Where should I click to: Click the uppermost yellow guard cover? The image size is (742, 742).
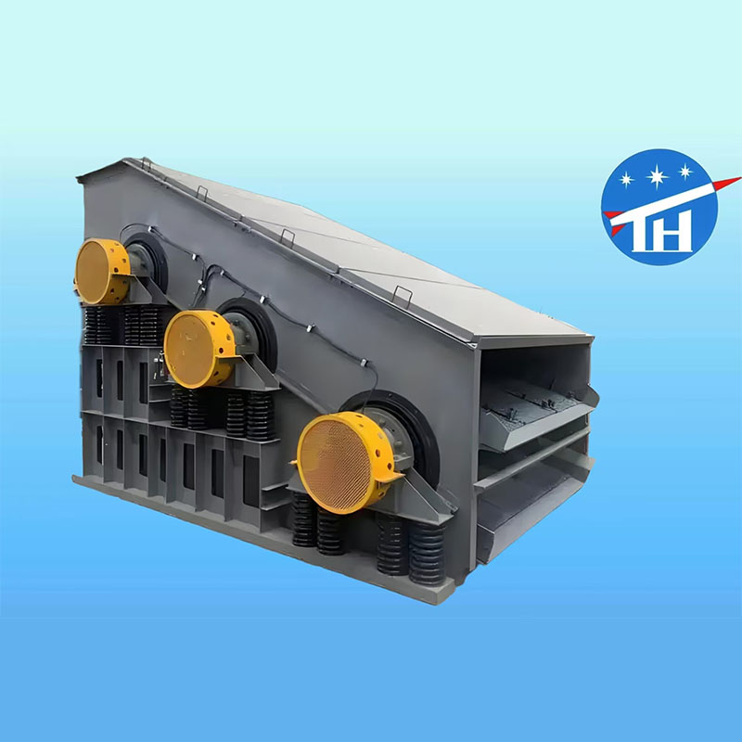pos(102,271)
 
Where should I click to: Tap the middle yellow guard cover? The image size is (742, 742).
pos(199,349)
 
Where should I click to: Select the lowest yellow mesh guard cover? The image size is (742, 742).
pos(344,462)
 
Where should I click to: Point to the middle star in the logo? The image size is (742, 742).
pos(658,177)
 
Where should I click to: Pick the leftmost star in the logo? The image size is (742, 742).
pos(627,179)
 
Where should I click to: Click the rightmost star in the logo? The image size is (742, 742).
pos(685,171)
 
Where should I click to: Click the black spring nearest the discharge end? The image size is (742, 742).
pos(428,553)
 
